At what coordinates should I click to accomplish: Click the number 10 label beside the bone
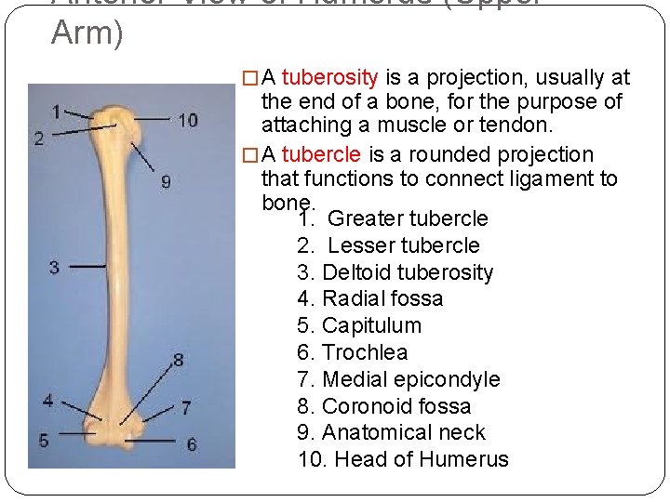tap(188, 120)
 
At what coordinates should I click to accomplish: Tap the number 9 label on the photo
tap(166, 182)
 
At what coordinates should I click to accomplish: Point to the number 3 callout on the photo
tap(54, 268)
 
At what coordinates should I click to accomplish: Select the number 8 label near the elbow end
tap(178, 359)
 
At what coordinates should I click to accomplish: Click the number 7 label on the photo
tap(186, 407)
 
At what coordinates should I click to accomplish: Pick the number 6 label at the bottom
tap(192, 444)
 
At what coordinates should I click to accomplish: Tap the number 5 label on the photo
tap(44, 440)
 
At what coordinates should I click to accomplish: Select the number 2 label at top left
tap(39, 139)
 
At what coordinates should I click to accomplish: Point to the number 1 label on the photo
tap(56, 112)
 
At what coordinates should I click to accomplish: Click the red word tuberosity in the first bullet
tap(329, 77)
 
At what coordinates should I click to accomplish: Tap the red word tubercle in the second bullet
tap(322, 154)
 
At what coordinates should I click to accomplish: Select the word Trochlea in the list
tap(365, 353)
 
